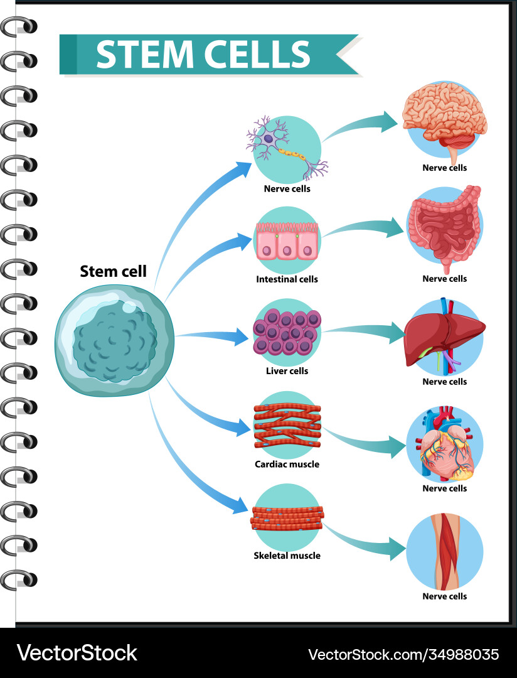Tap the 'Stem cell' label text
click(x=113, y=271)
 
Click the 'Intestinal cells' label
click(x=287, y=279)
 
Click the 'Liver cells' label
click(x=287, y=371)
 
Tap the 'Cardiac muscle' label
click(x=287, y=465)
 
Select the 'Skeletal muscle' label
click(x=287, y=556)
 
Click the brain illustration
click(x=444, y=119)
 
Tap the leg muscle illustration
click(x=444, y=549)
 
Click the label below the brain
click(x=444, y=168)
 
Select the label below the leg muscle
click(x=444, y=596)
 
